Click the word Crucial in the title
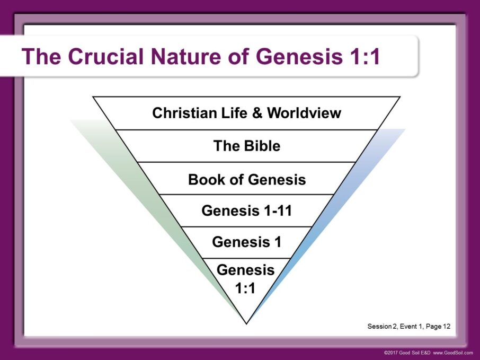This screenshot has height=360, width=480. (104, 57)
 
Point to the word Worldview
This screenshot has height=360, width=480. (304, 113)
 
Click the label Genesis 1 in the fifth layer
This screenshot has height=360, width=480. (246, 242)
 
